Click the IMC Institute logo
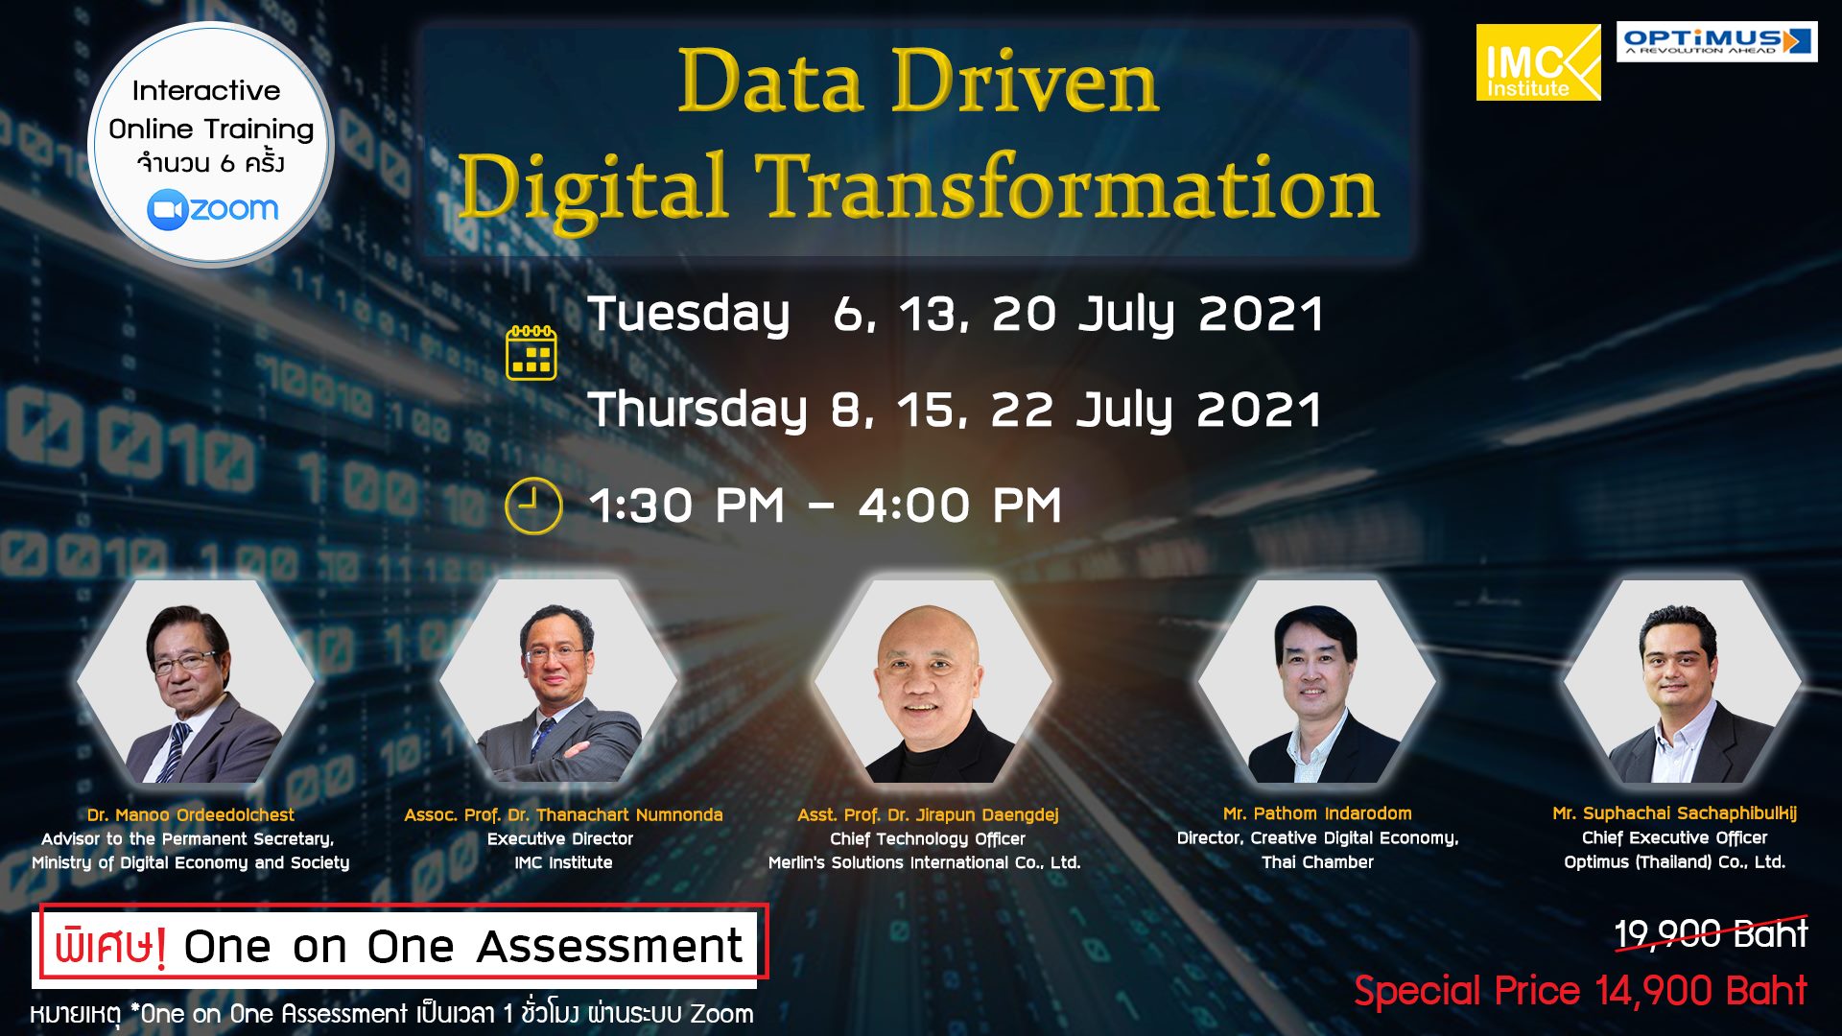click(1538, 62)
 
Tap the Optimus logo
click(1716, 41)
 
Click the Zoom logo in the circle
click(213, 209)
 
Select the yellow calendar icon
click(531, 352)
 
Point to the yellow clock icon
click(533, 506)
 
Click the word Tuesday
click(690, 314)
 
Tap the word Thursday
click(697, 410)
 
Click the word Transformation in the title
click(1067, 186)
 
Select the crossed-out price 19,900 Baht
click(1711, 933)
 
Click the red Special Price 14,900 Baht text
click(1580, 990)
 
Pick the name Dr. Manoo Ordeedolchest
click(191, 814)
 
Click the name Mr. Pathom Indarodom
click(1317, 813)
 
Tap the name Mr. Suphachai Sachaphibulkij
click(1675, 813)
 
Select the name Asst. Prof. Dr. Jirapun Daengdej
click(928, 814)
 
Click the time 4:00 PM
click(960, 506)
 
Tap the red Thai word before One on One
click(110, 946)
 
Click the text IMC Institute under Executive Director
click(563, 862)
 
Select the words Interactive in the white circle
click(206, 90)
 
